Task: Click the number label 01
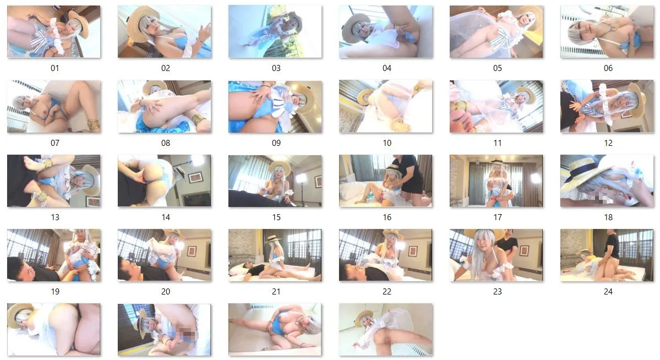coord(54,68)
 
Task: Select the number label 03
coord(276,68)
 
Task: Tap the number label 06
coord(608,68)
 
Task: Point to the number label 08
coord(166,143)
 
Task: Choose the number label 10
coord(387,143)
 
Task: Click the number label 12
coord(608,143)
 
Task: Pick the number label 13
coord(54,217)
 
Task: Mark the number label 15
coord(276,217)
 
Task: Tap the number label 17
coord(497,217)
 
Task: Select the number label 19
coord(54,291)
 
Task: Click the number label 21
coord(276,291)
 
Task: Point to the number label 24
coord(608,291)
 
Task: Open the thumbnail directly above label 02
coord(165,31)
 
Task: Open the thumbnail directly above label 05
coord(497,31)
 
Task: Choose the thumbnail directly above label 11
coord(497,107)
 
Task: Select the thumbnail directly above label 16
coord(385,181)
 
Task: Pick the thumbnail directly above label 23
coord(497,255)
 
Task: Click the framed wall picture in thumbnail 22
coord(412,251)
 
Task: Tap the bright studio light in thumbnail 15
coord(302,178)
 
